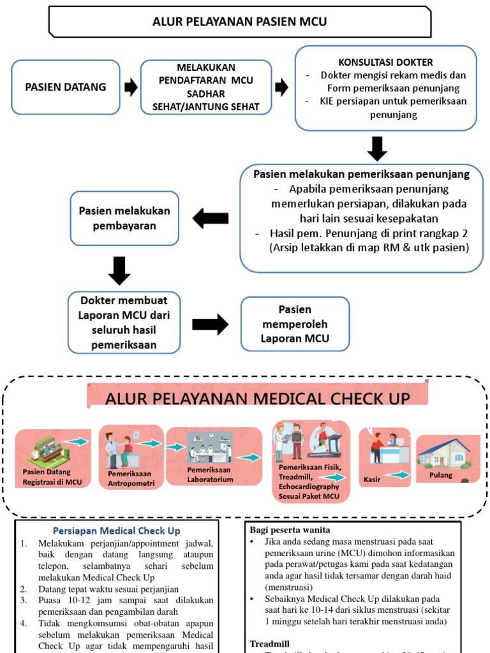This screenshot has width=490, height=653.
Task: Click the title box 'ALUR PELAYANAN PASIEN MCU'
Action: [x=239, y=22]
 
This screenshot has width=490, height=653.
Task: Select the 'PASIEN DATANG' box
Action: [x=66, y=87]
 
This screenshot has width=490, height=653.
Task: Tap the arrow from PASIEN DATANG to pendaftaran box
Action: [x=130, y=87]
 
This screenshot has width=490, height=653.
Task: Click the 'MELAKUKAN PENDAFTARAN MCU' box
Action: [x=206, y=87]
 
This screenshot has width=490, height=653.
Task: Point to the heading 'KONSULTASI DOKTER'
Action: [x=385, y=62]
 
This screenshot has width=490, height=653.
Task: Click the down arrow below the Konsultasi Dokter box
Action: [x=377, y=148]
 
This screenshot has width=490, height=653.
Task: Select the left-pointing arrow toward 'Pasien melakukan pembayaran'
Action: [x=210, y=219]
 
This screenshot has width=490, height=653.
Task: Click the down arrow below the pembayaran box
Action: [x=119, y=270]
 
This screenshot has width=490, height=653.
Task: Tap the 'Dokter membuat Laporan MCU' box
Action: [x=124, y=322]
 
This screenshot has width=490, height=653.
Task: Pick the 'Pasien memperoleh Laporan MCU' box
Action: [x=295, y=324]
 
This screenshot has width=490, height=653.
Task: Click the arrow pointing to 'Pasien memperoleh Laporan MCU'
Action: [x=210, y=324]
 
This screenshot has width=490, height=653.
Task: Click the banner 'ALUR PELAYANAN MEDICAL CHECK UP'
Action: [x=258, y=399]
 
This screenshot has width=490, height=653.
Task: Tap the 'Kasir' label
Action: [x=372, y=478]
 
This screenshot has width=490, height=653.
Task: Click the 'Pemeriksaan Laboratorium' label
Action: [x=210, y=474]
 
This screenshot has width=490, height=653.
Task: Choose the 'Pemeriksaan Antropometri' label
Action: [x=130, y=478]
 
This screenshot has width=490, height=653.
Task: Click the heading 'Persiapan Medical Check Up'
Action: [x=117, y=531]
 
